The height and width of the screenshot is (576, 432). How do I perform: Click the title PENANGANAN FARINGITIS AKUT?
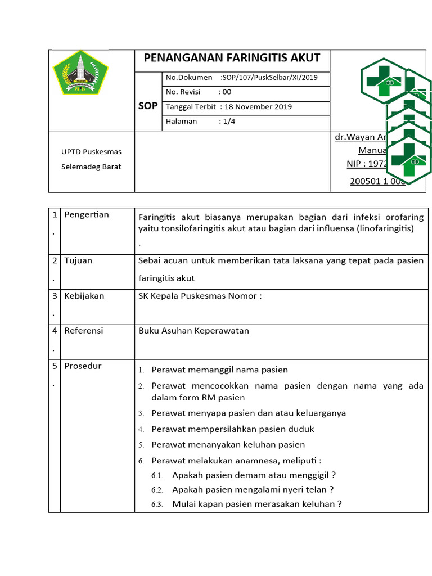pyautogui.click(x=232, y=58)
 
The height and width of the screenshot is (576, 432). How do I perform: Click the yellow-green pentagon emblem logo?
pyautogui.click(x=79, y=73)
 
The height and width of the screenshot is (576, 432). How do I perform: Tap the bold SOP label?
pyautogui.click(x=148, y=106)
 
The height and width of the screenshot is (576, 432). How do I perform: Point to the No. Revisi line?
pyautogui.click(x=198, y=92)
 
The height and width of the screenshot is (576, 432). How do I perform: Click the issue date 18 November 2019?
pyautogui.click(x=258, y=107)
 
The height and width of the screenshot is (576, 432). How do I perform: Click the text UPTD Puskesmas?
pyautogui.click(x=91, y=152)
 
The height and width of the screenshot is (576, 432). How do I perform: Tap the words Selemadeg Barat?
pyautogui.click(x=91, y=166)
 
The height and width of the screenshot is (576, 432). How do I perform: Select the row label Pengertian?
pyautogui.click(x=87, y=215)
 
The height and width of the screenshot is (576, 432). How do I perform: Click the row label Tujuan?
pyautogui.click(x=78, y=261)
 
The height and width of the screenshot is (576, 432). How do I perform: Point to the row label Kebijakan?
pyautogui.click(x=84, y=296)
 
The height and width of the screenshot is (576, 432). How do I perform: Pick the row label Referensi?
pyautogui.click(x=84, y=331)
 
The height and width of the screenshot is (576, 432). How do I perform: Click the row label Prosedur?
pyautogui.click(x=83, y=366)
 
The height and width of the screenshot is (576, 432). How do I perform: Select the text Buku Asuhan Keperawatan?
pyautogui.click(x=193, y=331)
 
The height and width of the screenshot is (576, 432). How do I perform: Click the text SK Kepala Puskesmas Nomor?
pyautogui.click(x=200, y=296)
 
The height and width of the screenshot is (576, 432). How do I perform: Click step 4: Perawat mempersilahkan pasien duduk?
pyautogui.click(x=232, y=429)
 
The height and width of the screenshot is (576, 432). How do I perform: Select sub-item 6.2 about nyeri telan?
pyautogui.click(x=253, y=489)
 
